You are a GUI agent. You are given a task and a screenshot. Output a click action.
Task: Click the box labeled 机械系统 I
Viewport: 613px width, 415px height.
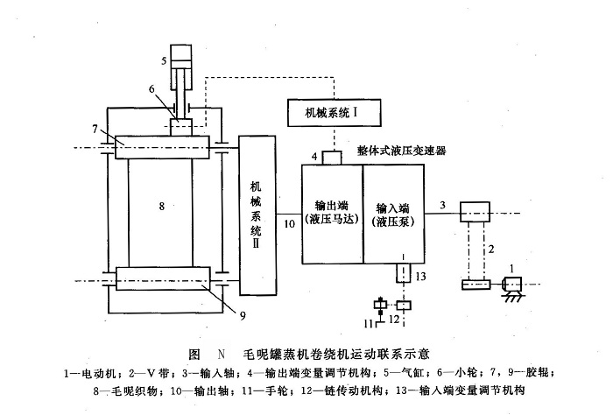pyautogui.click(x=330, y=112)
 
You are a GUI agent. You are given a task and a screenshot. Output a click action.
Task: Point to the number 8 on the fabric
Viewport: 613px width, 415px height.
pyautogui.click(x=162, y=207)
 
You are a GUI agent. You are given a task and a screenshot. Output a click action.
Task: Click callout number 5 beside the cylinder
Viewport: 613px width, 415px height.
pyautogui.click(x=164, y=60)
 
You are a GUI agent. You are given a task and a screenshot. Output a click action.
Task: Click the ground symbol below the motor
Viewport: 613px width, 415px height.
pyautogui.click(x=509, y=300)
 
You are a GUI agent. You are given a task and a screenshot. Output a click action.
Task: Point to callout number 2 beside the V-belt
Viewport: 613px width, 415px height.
pyautogui.click(x=491, y=250)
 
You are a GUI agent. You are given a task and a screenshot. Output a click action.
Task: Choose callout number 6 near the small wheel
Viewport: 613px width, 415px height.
pyautogui.click(x=152, y=88)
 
